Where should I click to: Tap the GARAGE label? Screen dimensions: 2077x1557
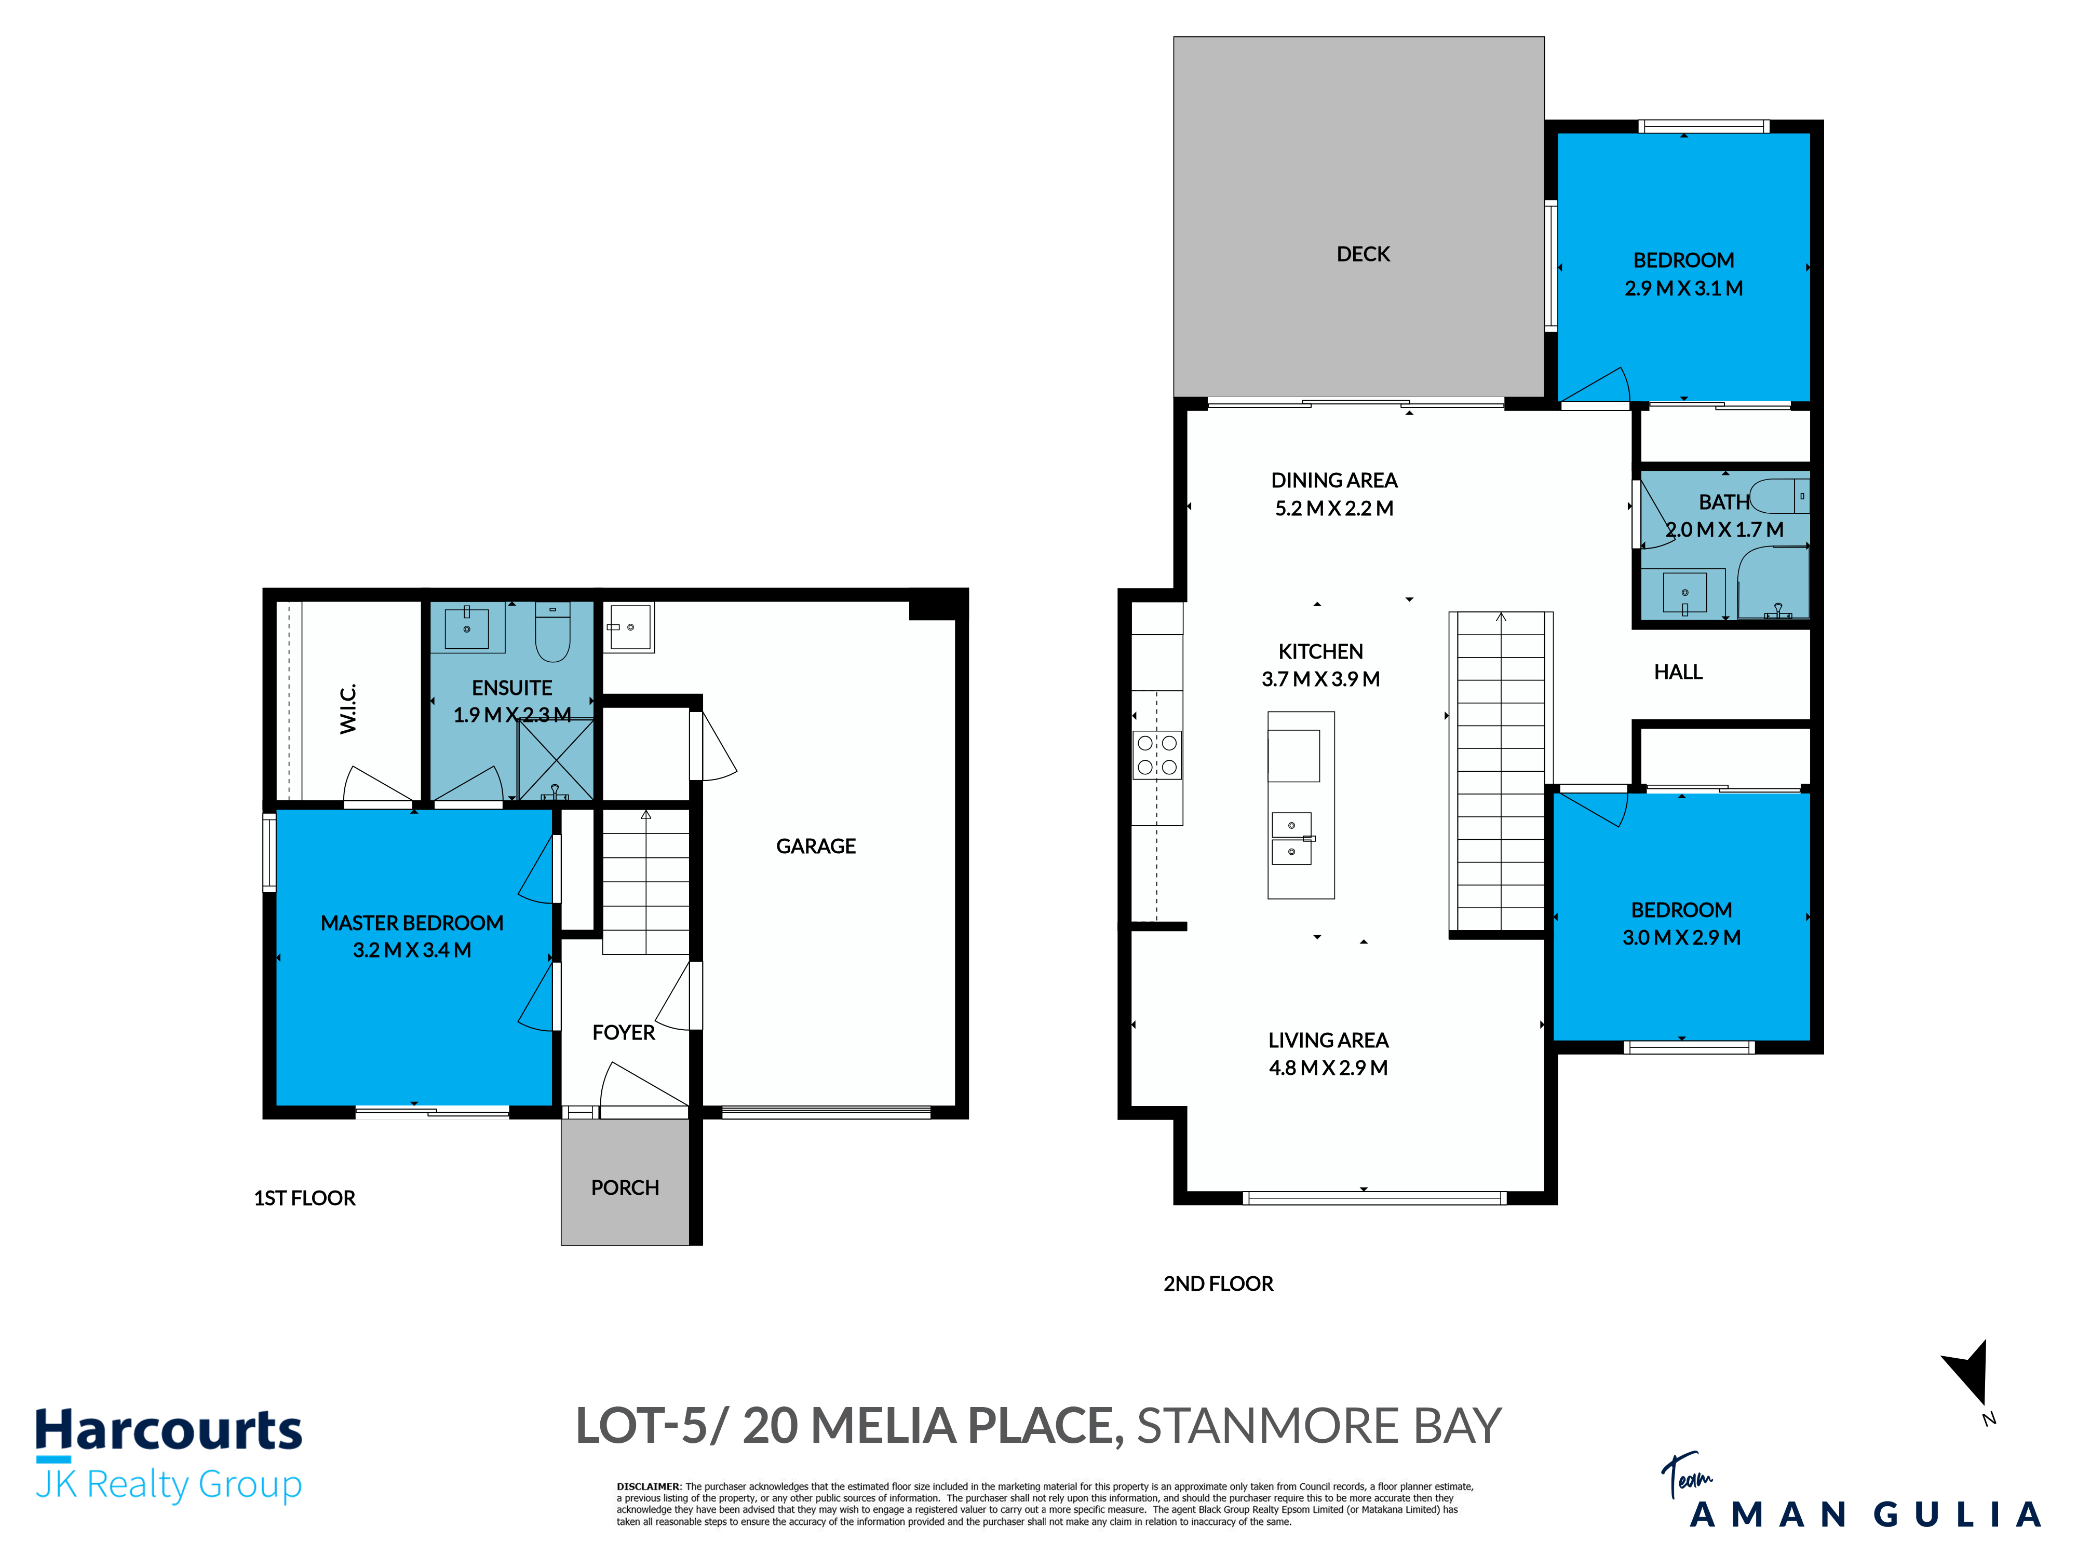[x=815, y=846]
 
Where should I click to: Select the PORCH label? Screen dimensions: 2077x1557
[x=625, y=1188]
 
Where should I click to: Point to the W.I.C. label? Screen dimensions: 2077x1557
[x=348, y=708]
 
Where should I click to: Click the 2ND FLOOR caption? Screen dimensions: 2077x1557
[x=1218, y=1284]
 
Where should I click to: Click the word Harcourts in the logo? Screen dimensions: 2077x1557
[x=169, y=1431]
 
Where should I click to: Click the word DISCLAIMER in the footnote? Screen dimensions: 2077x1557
[x=649, y=1486]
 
